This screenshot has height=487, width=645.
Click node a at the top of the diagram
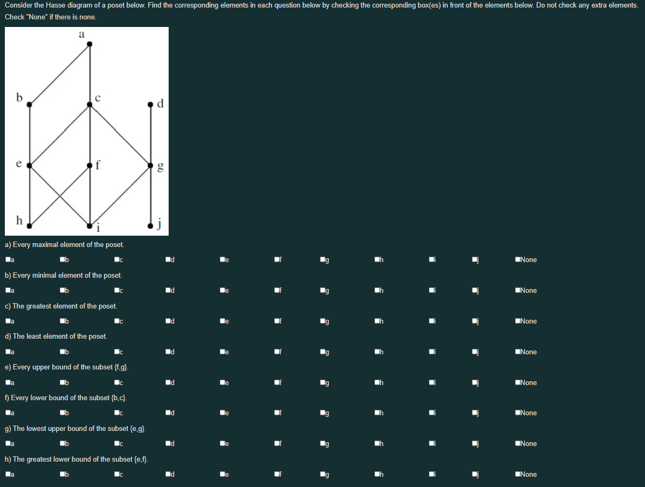pyautogui.click(x=89, y=44)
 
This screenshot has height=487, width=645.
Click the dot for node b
pyautogui.click(x=30, y=105)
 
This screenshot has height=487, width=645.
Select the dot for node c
pyautogui.click(x=90, y=105)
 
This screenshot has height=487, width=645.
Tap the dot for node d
pyautogui.click(x=151, y=105)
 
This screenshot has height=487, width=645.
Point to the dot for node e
pyautogui.click(x=30, y=165)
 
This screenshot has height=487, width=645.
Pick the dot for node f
pyautogui.click(x=90, y=165)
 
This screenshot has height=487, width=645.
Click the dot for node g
pyautogui.click(x=151, y=165)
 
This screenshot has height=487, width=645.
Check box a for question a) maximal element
pyautogui.click(x=8, y=260)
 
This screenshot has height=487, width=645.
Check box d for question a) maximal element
pyautogui.click(x=168, y=260)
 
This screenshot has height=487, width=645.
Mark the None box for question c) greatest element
pyautogui.click(x=517, y=321)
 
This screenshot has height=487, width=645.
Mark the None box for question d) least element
pyautogui.click(x=517, y=352)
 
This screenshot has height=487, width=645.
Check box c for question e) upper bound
pyautogui.click(x=117, y=383)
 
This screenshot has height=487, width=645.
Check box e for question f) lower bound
pyautogui.click(x=222, y=413)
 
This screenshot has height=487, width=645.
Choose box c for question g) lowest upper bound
pyautogui.click(x=117, y=444)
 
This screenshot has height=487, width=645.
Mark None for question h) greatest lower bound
pyautogui.click(x=517, y=475)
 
